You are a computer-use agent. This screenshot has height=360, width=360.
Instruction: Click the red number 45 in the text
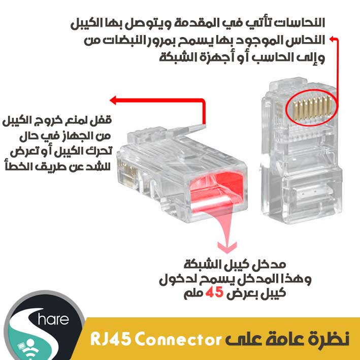(x=215, y=293)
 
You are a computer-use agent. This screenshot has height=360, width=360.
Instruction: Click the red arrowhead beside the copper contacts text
(x=333, y=39)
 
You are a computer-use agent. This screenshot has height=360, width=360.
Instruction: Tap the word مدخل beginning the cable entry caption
(x=277, y=265)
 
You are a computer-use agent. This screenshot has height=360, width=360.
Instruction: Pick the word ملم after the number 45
(x=192, y=293)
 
